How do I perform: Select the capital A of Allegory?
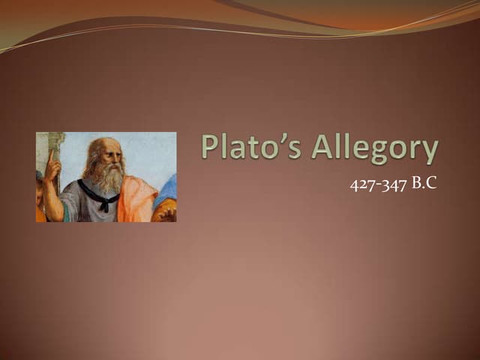coord(321,148)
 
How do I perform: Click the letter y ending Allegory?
coord(429,153)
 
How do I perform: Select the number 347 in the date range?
coord(394,184)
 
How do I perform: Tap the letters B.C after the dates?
coord(424,183)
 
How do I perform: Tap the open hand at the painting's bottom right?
coord(166,213)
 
